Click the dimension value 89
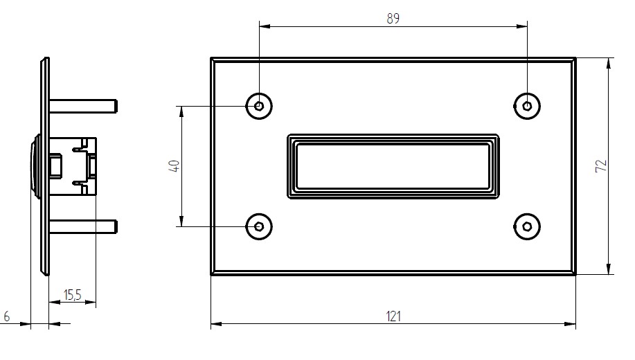point(393,19)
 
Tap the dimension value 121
point(393,316)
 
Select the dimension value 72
point(601,165)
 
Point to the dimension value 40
point(175,166)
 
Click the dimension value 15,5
point(72,296)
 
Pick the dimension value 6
point(7,316)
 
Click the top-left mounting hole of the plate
point(259,106)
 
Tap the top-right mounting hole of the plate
point(527,106)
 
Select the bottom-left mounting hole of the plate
point(259,226)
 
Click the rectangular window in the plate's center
point(393,166)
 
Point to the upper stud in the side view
point(83,106)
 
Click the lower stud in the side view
point(83,226)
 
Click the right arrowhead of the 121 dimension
point(571,324)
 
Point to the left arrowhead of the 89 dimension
point(264,26)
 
